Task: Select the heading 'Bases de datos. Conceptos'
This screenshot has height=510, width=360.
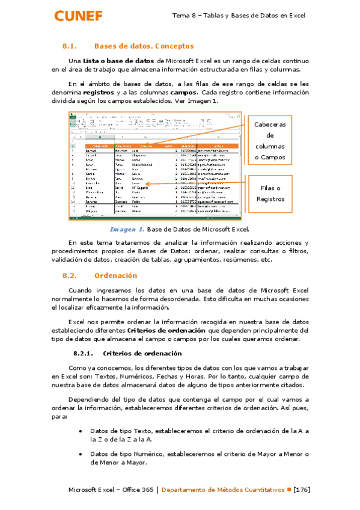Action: pyautogui.click(x=144, y=46)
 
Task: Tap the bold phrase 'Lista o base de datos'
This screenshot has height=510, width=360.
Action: pyautogui.click(x=118, y=61)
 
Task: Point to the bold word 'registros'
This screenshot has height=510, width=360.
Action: pyautogui.click(x=99, y=93)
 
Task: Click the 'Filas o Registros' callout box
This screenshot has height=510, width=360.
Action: pyautogui.click(x=270, y=189)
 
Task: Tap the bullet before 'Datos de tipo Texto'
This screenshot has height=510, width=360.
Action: pyautogui.click(x=81, y=431)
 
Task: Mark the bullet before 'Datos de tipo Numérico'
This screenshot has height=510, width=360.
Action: pyautogui.click(x=81, y=454)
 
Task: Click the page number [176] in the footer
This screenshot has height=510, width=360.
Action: pyautogui.click(x=301, y=490)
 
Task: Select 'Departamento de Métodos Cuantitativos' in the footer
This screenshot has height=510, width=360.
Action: pyautogui.click(x=223, y=490)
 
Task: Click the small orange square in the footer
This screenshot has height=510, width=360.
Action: pyautogui.click(x=288, y=490)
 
